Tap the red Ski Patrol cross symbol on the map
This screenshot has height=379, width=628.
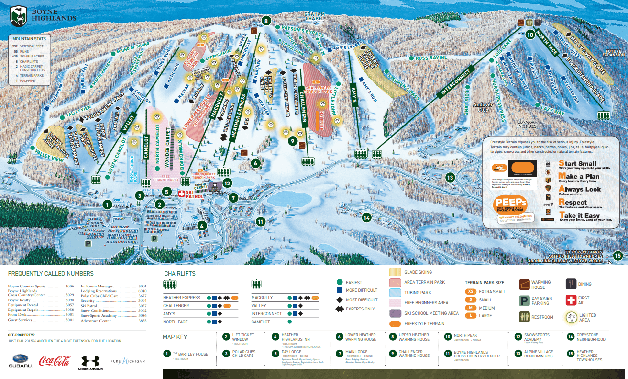[182, 194]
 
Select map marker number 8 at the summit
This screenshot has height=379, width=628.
[266, 21]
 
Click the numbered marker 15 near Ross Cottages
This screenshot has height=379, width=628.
[618, 255]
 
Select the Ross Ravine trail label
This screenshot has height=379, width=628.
[431, 57]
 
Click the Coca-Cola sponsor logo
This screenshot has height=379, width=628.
[55, 361]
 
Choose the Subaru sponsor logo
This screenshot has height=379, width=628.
[20, 361]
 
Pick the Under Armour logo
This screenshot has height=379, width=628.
[90, 361]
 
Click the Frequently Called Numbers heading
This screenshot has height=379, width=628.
[51, 273]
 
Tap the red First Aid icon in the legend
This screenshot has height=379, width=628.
[571, 300]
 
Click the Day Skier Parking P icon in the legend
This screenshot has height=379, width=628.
[524, 300]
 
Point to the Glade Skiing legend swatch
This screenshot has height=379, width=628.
[395, 272]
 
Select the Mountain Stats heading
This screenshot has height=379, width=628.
[29, 38]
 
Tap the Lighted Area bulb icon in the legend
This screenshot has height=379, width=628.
[571, 317]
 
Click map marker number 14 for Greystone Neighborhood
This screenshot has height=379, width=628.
[367, 217]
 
